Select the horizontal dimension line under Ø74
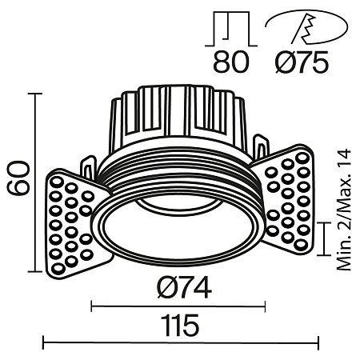[178, 304]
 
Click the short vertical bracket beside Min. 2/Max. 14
[323, 238]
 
